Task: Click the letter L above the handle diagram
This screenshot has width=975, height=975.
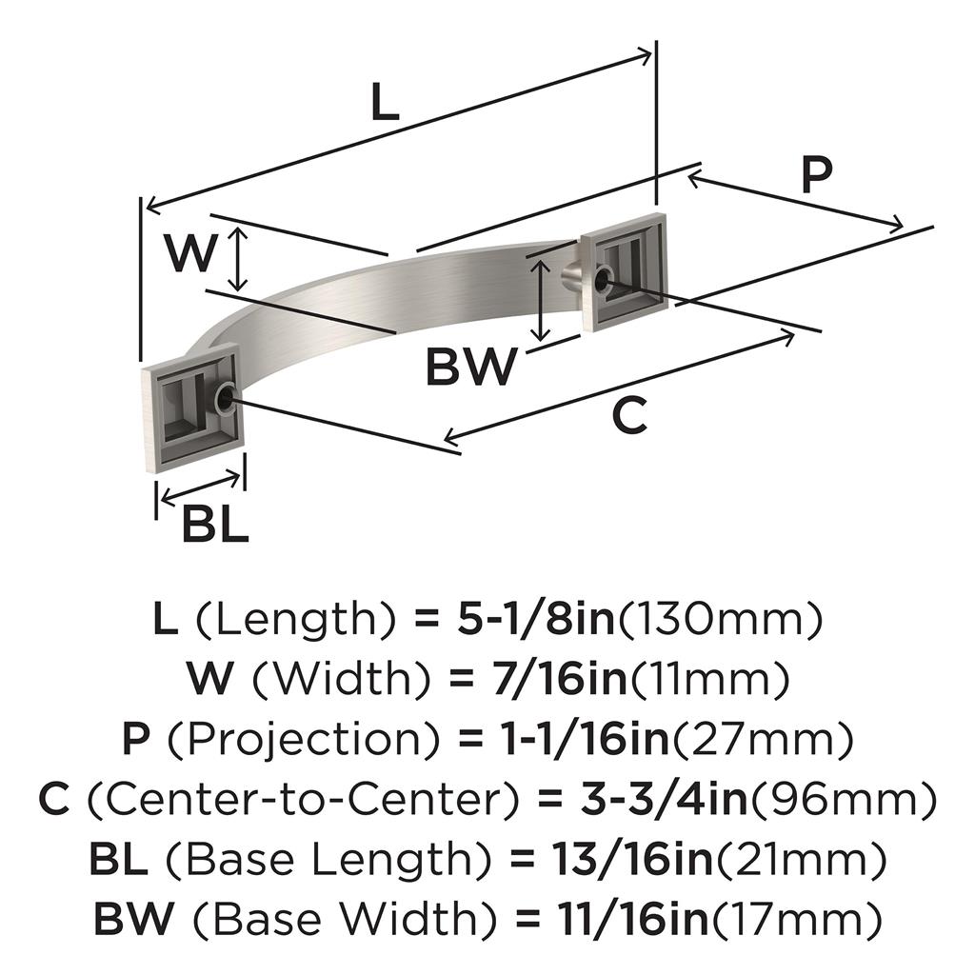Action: coord(385,101)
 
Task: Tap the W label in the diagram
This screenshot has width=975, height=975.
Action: coord(190,253)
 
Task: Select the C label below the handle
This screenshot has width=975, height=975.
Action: coord(630,415)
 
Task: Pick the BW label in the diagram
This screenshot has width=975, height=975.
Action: coord(471,367)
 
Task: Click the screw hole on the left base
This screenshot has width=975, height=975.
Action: coord(224,398)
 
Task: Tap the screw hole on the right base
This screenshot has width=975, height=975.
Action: coord(602,279)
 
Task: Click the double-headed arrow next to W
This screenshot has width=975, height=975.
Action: coord(238,259)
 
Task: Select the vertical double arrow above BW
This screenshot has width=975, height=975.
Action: coord(542,300)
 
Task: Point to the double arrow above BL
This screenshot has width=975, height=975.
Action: coord(200,488)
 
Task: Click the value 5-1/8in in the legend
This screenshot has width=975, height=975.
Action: coord(536,619)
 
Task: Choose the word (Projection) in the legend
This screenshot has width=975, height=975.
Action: coord(305,739)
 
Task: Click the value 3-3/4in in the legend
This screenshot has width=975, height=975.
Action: coord(664,800)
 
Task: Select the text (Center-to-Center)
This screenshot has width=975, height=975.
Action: coord(304,800)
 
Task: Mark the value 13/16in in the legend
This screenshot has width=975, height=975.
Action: coord(632,860)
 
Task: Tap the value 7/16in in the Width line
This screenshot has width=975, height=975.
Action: coord(551,679)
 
